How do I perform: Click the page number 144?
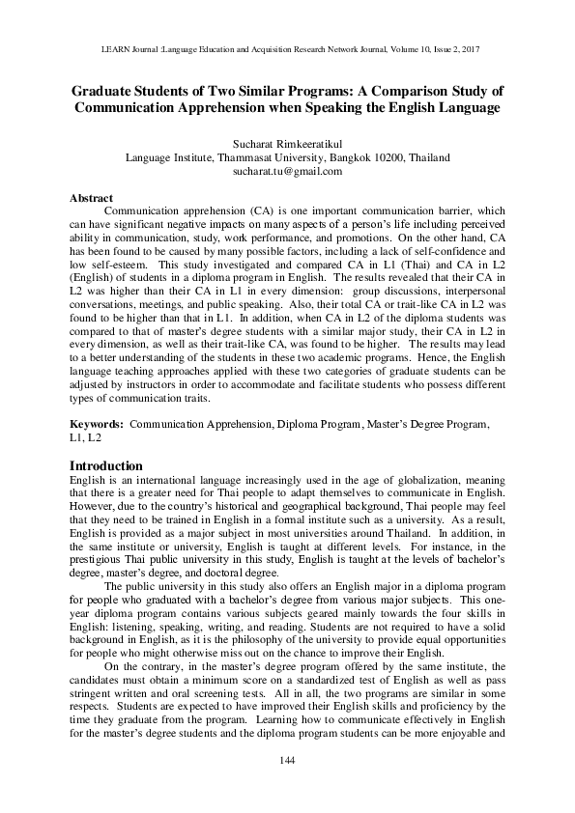(x=287, y=788)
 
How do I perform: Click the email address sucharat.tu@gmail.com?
(x=287, y=171)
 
